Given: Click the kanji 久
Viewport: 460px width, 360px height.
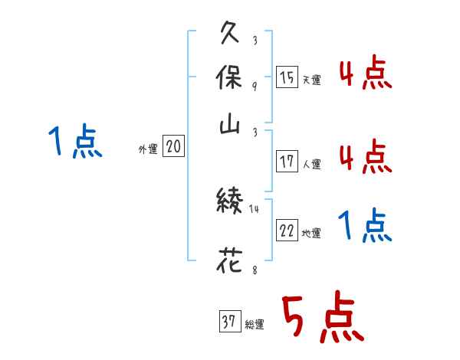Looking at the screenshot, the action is (230, 35).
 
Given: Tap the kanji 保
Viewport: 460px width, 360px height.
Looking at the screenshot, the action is (230, 79).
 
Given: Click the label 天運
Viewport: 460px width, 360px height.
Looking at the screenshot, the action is (311, 80).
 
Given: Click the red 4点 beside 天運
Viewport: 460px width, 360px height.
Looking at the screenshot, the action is (365, 75).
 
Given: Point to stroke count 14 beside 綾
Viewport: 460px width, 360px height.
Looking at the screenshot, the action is (254, 208).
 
